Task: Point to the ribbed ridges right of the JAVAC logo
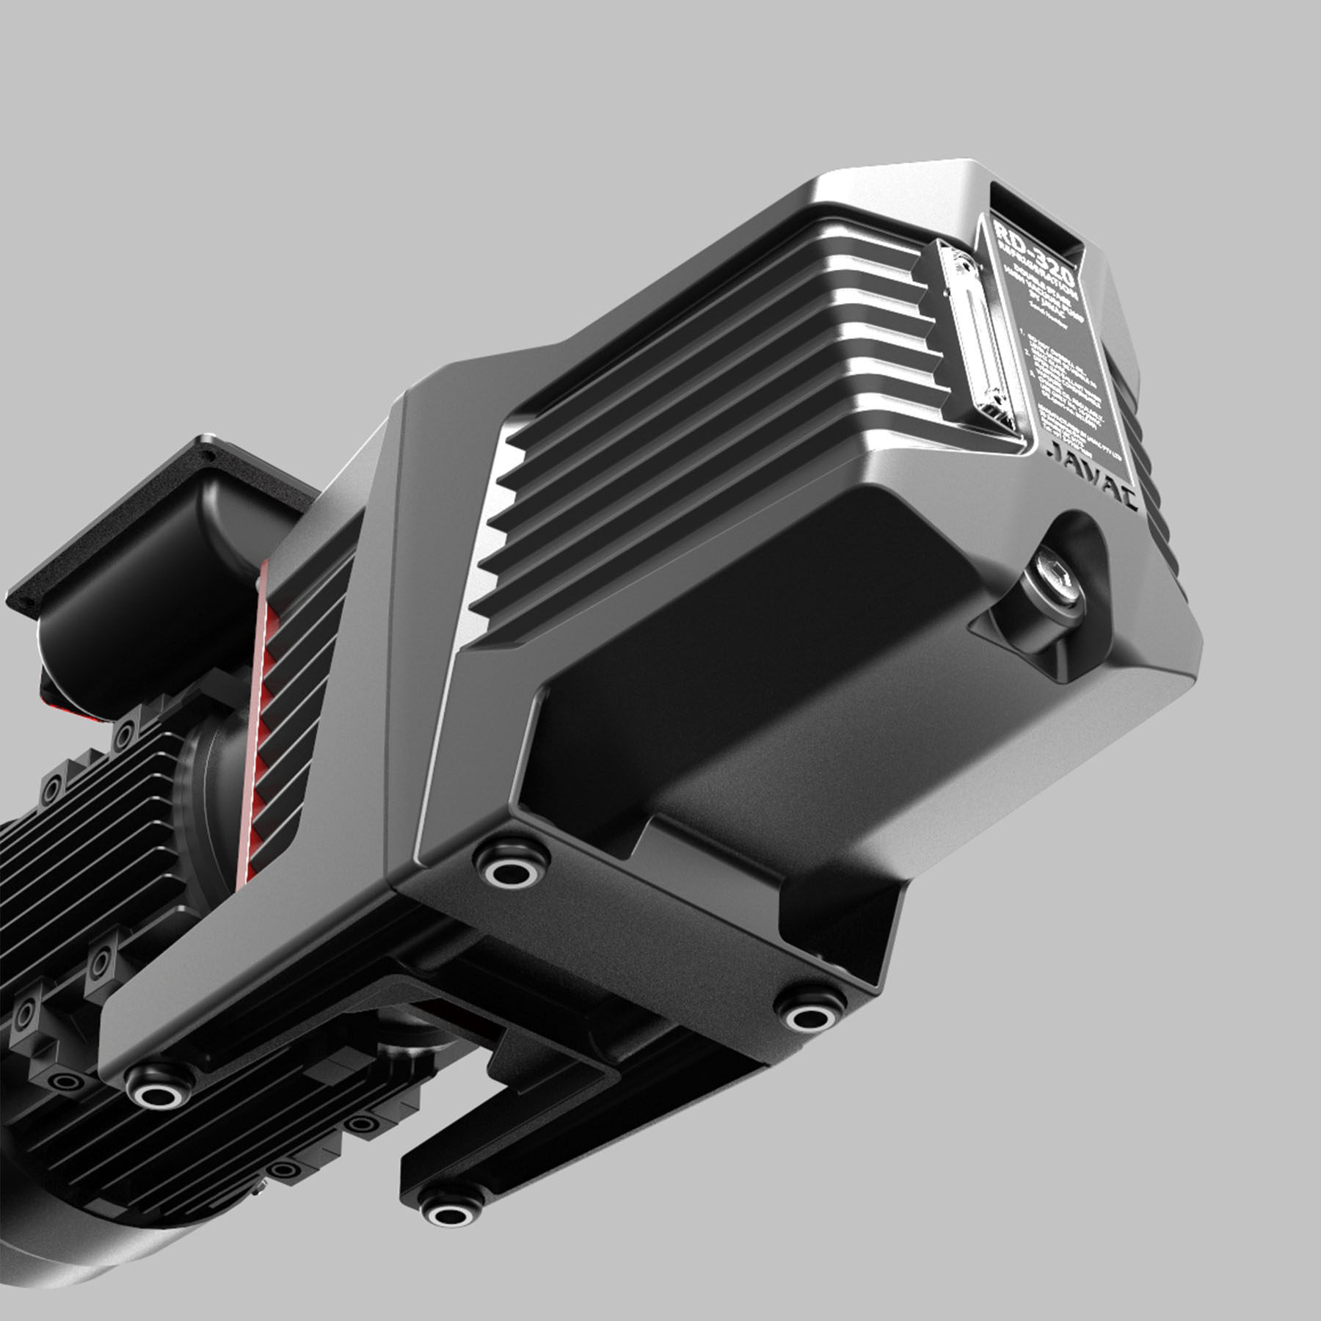pyautogui.click(x=1160, y=514)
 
